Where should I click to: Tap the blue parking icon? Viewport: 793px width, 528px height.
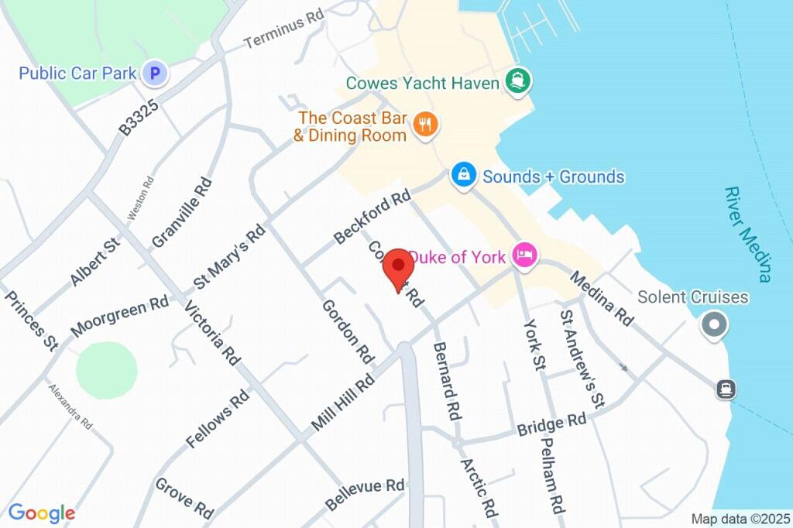[x=156, y=74]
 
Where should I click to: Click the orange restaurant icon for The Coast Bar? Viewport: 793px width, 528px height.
[x=424, y=124]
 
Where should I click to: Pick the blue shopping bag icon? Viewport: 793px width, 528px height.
[x=462, y=175]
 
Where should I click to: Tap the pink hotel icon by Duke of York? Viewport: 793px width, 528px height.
[x=525, y=255]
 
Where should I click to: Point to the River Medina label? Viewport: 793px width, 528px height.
[x=748, y=234]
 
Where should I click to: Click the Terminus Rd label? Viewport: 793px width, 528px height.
[x=283, y=31]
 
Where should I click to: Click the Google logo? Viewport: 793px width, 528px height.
[x=41, y=513]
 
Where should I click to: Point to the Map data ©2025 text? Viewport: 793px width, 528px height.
[x=740, y=519]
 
